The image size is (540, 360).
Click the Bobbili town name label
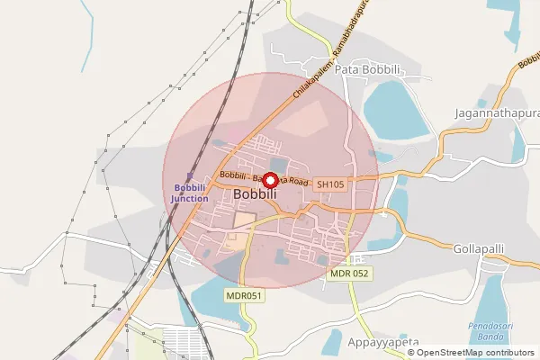click(x=255, y=194)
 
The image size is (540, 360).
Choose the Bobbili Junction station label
click(x=190, y=193)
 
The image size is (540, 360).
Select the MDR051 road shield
click(x=243, y=295)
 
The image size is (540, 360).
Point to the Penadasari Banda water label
click(x=491, y=328)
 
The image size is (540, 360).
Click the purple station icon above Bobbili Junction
click(x=189, y=176)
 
